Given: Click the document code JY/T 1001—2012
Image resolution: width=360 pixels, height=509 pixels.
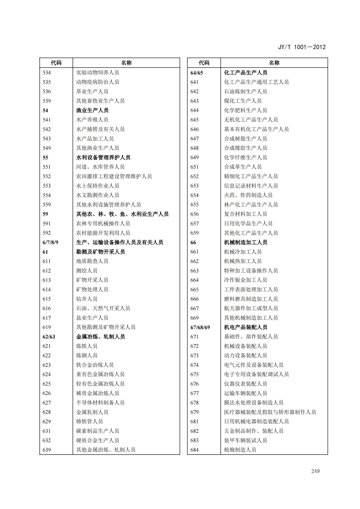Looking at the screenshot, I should (301, 47).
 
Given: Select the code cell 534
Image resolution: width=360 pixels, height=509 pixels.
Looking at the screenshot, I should (47, 72).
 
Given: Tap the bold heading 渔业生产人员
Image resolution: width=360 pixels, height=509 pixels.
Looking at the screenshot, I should (92, 110).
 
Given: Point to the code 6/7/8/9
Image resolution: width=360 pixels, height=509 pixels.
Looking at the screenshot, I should (50, 242).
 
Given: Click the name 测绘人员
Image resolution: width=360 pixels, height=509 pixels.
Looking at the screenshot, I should (87, 271).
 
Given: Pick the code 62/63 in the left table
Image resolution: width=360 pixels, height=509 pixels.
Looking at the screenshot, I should (49, 337).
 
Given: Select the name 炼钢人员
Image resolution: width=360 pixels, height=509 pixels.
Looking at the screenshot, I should (87, 356).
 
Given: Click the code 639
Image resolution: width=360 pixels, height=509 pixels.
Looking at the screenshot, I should (47, 450).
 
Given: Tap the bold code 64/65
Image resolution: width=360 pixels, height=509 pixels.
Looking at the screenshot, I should (196, 73).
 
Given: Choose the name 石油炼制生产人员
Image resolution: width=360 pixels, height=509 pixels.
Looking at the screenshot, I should (245, 91).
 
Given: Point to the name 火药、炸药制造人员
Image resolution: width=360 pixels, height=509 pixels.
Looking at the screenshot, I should (248, 195).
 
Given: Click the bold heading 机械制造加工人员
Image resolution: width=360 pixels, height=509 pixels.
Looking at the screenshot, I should (245, 242).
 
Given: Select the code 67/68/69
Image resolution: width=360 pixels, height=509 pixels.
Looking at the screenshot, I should (200, 327).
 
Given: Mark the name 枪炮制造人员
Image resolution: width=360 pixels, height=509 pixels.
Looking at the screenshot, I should (240, 450).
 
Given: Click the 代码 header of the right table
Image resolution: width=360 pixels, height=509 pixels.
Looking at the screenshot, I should (204, 63).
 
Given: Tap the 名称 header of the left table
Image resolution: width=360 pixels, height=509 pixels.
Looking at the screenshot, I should (126, 63).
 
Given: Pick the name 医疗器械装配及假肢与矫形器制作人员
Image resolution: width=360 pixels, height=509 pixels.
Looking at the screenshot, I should (270, 412).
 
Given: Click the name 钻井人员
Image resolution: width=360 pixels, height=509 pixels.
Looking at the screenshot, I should (87, 299).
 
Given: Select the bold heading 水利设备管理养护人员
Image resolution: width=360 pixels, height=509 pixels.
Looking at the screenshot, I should (103, 158).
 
